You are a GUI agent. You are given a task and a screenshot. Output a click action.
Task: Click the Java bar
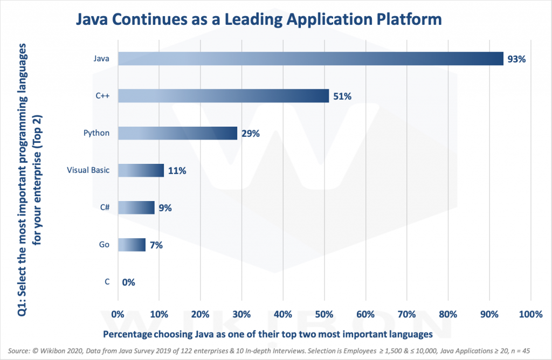click(310, 59)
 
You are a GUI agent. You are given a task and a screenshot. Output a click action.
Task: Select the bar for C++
click(223, 96)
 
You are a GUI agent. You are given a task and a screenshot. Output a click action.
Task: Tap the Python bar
click(177, 133)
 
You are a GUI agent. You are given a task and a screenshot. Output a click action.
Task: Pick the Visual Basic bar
click(141, 170)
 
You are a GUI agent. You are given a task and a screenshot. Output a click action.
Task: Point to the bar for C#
click(136, 207)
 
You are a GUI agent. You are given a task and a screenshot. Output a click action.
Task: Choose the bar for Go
click(132, 245)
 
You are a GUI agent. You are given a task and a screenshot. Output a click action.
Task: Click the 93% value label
click(515, 59)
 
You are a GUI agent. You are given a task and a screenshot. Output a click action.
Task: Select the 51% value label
click(342, 96)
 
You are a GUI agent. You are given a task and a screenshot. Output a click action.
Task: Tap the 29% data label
click(250, 134)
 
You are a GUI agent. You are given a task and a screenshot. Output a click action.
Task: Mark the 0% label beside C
click(128, 282)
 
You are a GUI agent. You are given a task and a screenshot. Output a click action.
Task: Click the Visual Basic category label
click(88, 170)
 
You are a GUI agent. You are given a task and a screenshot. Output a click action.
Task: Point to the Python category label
click(97, 133)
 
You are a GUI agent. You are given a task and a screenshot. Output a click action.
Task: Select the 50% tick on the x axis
click(324, 314)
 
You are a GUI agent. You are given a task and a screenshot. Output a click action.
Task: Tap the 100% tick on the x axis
click(530, 314)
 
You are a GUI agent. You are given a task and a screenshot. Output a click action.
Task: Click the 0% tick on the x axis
click(118, 314)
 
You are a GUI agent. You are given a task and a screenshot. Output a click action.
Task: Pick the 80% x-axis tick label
click(448, 314)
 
